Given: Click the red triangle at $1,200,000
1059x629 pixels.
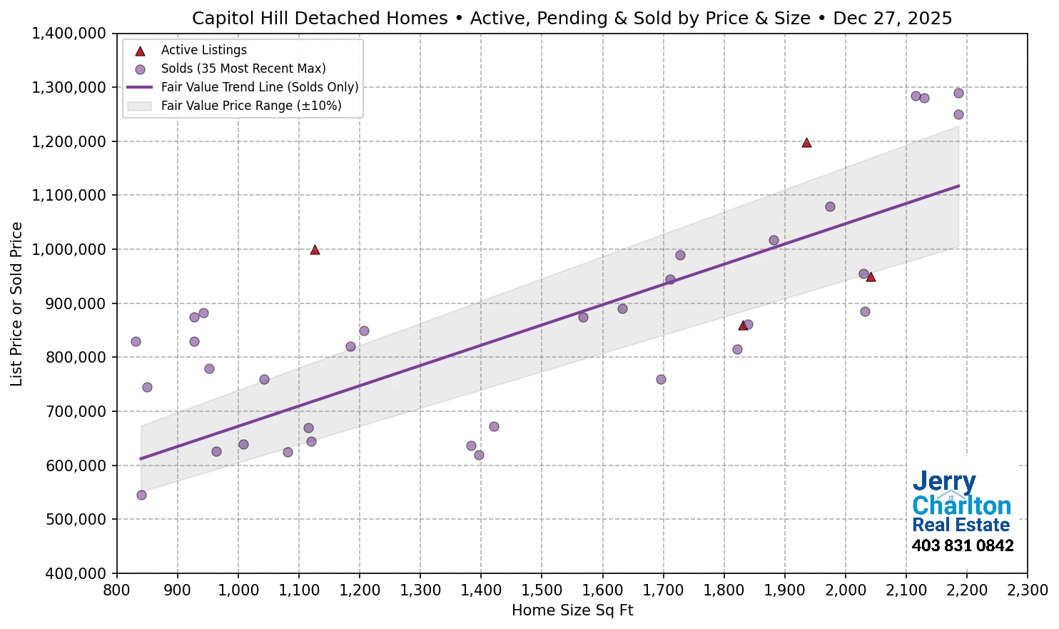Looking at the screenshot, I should point(806,143).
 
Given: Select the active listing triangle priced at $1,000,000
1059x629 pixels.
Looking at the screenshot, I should point(315,250).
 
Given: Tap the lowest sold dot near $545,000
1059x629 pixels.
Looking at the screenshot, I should point(141,495).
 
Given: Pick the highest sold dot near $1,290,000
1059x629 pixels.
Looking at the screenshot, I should point(958,93).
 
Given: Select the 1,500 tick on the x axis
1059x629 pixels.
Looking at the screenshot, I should point(542,590).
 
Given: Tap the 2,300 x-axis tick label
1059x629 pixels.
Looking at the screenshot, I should point(1028,590).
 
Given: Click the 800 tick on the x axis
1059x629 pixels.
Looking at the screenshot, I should point(116,590).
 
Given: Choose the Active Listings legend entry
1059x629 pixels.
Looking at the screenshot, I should point(203,50).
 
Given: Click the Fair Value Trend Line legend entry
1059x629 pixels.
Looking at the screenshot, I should point(259,87).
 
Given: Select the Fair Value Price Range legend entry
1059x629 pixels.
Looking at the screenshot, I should point(250,106).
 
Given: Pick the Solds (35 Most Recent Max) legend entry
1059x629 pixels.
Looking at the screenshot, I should point(243,69).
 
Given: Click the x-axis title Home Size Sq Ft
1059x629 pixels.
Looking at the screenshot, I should point(572,610).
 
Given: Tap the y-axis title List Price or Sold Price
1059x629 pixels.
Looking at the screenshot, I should point(16,303).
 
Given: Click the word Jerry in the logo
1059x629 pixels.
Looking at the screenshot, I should point(944,482).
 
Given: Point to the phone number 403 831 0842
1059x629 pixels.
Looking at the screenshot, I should point(963,545).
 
